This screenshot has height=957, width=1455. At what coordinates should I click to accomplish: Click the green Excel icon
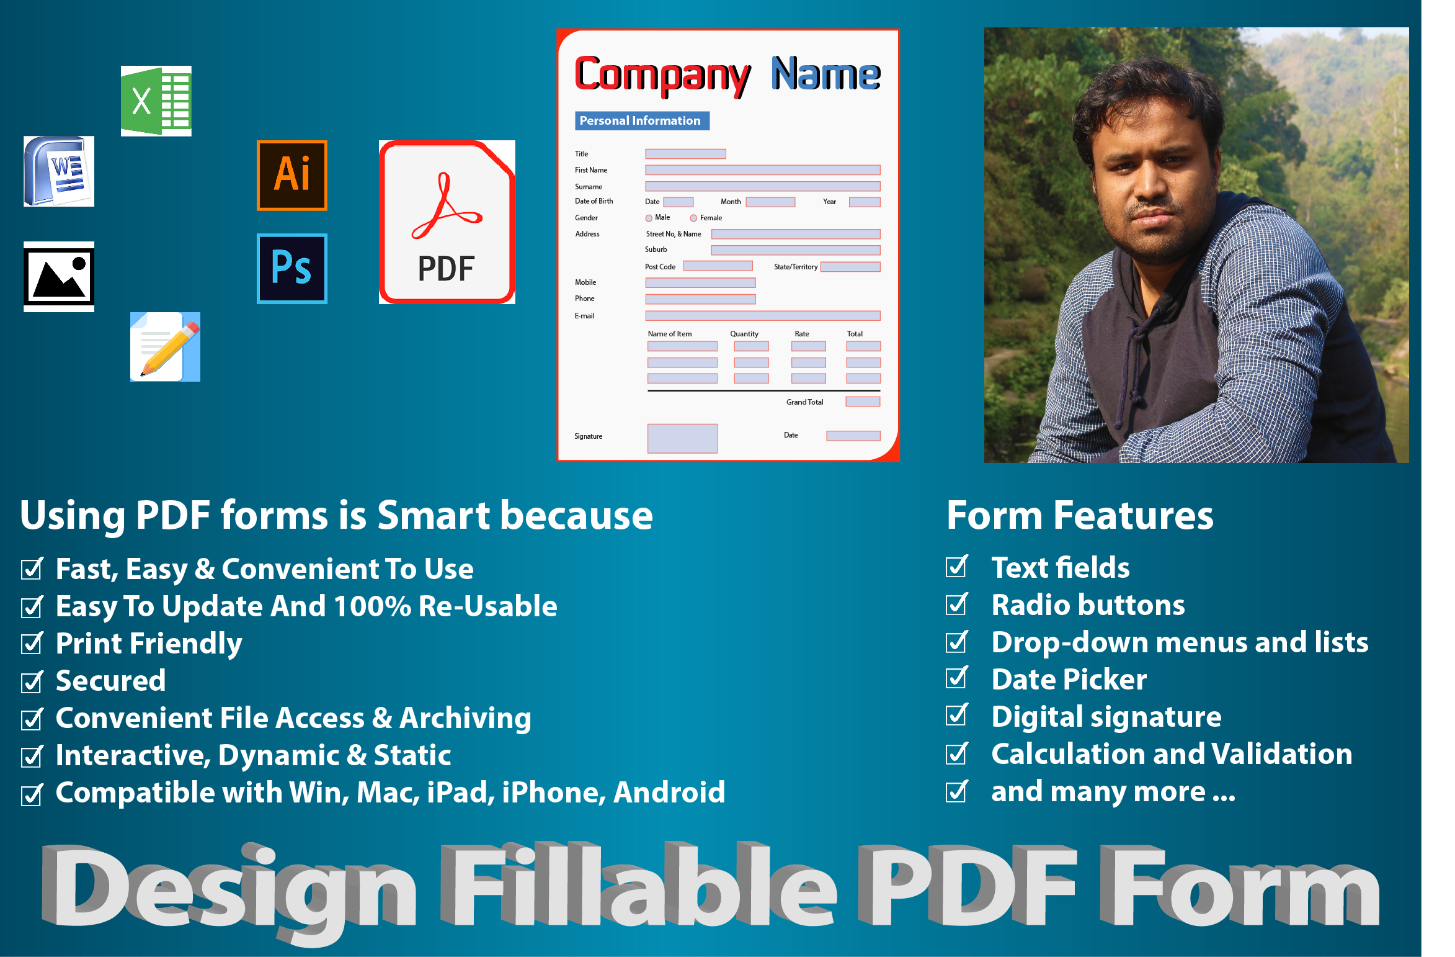tap(156, 101)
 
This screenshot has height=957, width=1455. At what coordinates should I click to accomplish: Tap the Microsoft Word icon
tap(59, 171)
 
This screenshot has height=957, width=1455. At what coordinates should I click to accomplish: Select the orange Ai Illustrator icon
tap(292, 176)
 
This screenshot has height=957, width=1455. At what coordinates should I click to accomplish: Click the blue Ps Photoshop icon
tap(292, 269)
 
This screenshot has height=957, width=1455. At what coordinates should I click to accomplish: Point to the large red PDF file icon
tap(447, 222)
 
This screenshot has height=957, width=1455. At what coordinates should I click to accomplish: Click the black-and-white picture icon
tap(59, 277)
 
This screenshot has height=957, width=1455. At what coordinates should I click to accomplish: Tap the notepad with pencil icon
tap(165, 347)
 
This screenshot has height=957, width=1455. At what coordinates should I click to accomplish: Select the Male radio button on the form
tap(649, 218)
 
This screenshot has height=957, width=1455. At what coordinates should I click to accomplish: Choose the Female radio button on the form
tap(693, 218)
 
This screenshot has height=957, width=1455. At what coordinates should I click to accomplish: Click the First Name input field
tap(763, 170)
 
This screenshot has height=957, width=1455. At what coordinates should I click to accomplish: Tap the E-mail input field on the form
tap(763, 316)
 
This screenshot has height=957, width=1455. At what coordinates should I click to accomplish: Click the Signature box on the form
tap(682, 439)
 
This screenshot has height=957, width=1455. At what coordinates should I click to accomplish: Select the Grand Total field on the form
tap(863, 402)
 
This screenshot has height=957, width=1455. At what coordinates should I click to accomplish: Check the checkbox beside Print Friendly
tap(32, 644)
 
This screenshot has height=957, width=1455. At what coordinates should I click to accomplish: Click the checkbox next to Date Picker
tap(957, 677)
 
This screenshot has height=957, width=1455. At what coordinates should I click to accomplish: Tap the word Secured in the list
tap(111, 681)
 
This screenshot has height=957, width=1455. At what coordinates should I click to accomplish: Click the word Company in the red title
tap(662, 76)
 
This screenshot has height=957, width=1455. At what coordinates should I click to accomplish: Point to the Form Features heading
tap(1080, 515)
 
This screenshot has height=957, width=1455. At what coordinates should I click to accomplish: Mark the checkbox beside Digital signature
tap(957, 714)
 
